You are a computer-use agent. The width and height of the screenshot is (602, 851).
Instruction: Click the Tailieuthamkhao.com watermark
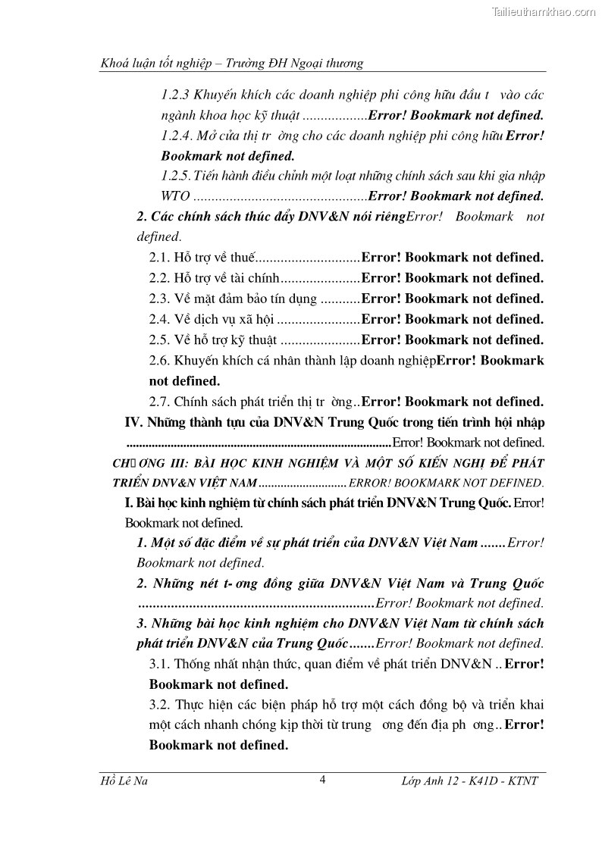[x=544, y=11]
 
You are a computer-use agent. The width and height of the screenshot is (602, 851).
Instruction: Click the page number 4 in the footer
[x=322, y=780]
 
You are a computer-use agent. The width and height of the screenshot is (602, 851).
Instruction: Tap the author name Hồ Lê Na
[x=124, y=781]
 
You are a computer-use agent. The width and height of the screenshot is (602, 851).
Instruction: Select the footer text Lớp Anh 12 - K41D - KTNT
[x=469, y=781]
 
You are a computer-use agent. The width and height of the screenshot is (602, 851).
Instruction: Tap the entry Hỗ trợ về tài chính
[x=226, y=278]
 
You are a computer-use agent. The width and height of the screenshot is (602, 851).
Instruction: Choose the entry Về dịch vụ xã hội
[x=222, y=319]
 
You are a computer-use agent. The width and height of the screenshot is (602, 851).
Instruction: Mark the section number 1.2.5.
[x=176, y=176]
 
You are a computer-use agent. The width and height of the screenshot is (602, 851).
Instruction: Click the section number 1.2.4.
[x=177, y=136]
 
